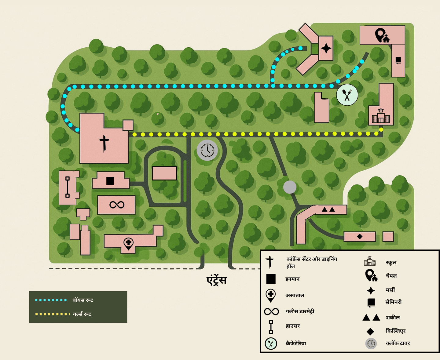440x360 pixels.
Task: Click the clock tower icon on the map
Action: [x=207, y=150]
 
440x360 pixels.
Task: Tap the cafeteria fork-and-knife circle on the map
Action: [x=347, y=95]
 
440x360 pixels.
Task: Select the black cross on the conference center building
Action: [x=104, y=143]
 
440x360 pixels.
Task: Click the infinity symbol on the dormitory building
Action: [x=117, y=205]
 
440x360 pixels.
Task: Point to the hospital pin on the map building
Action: [x=128, y=244]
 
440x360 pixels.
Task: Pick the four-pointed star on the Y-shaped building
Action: [x=326, y=48]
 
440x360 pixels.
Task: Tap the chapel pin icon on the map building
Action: [x=382, y=35]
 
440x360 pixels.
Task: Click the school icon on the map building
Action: [x=381, y=116]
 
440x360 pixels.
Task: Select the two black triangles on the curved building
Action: [x=328, y=209]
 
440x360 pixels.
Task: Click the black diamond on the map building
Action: [x=360, y=236]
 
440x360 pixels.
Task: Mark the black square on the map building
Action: [x=110, y=181]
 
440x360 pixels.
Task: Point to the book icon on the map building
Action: [x=398, y=60]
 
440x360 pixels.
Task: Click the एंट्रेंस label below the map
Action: [x=217, y=280]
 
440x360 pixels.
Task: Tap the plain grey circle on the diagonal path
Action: [x=290, y=187]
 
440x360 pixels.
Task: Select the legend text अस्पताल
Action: [x=295, y=295]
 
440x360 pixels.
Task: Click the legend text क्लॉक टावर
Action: [x=398, y=343]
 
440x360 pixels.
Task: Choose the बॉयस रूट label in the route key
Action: [x=83, y=300]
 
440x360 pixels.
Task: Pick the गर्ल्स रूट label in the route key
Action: [x=82, y=314]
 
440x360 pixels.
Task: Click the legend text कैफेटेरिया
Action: [x=296, y=343]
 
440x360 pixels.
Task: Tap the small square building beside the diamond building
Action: [x=388, y=237]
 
